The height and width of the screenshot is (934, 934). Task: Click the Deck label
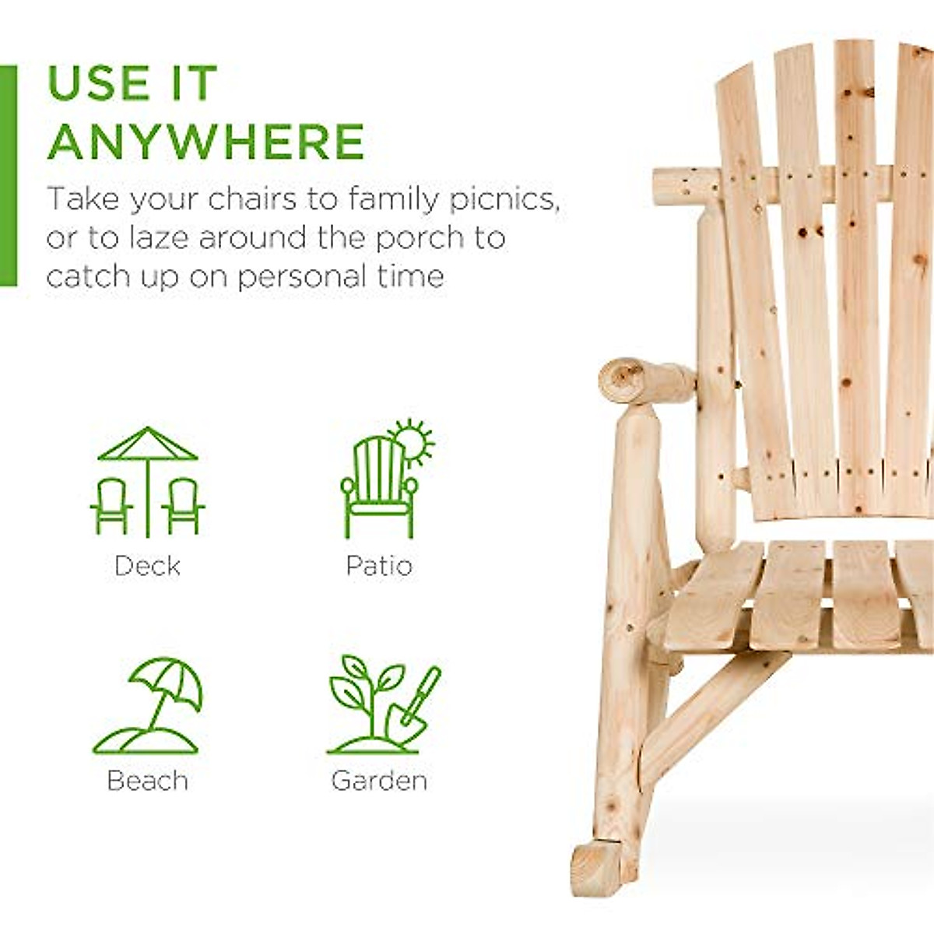pos(147,565)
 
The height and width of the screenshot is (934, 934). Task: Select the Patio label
pos(379,565)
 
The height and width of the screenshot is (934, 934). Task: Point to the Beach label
pos(147,780)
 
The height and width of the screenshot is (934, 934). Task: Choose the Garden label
pos(379,780)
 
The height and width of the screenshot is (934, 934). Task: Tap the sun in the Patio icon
pos(412,442)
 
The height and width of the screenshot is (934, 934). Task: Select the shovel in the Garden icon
pos(416,704)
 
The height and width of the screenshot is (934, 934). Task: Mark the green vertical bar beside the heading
pos(8,176)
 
